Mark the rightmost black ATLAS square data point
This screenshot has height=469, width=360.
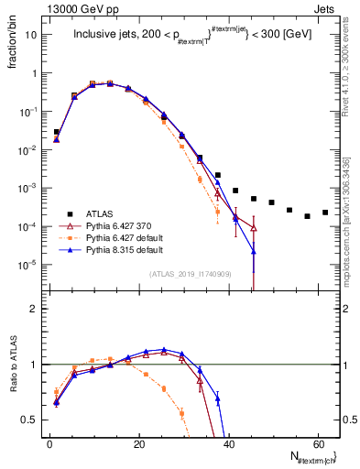coord(325,213)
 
